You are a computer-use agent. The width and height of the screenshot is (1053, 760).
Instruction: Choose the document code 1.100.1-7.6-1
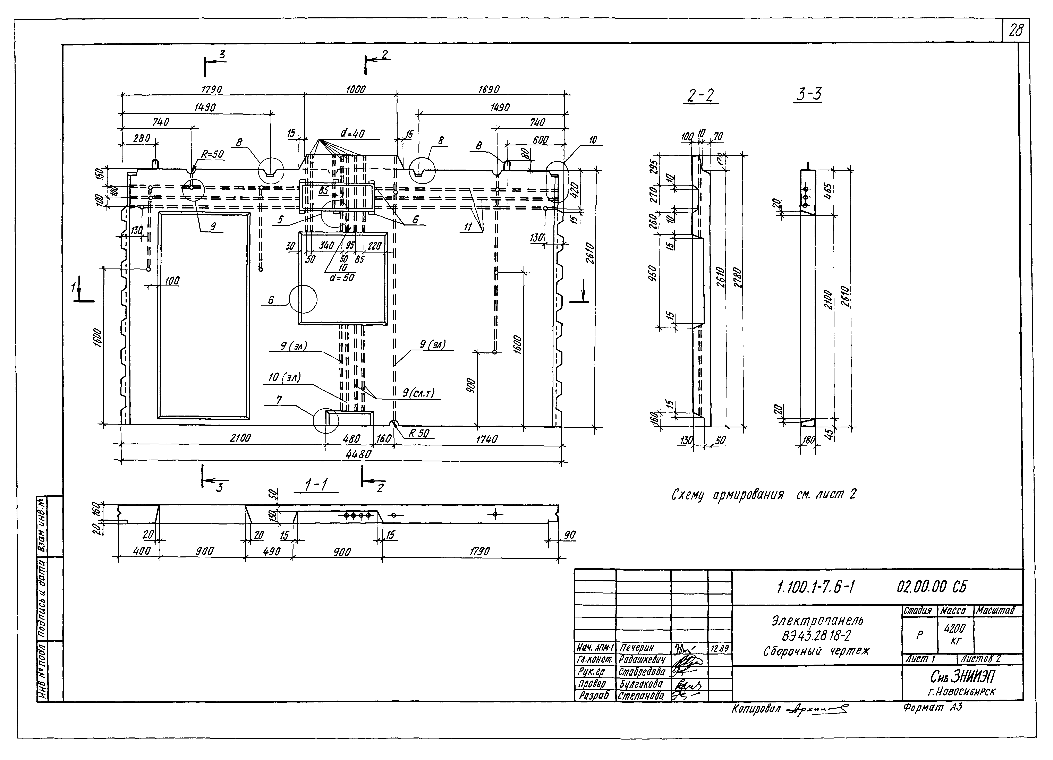click(x=815, y=588)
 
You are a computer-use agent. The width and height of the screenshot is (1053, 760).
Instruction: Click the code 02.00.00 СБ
click(x=932, y=588)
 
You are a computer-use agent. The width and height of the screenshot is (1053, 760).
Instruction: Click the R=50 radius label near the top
click(x=212, y=155)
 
